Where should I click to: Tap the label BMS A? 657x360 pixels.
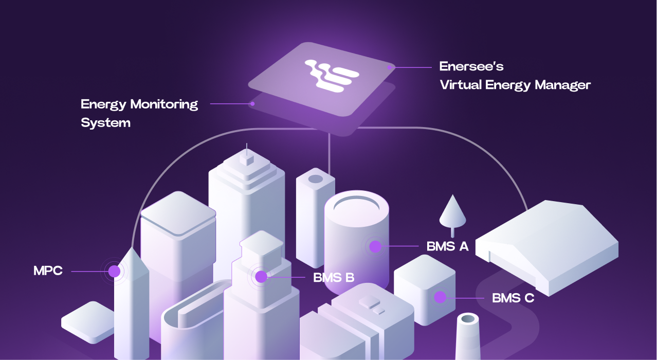[447, 246]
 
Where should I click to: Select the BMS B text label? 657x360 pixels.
[334, 278]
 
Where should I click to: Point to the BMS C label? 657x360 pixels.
[513, 297]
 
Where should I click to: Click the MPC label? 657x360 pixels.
[48, 271]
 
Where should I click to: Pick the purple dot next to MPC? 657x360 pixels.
[114, 271]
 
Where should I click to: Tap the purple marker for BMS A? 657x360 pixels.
[375, 246]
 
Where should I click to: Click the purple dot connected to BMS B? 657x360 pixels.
[261, 277]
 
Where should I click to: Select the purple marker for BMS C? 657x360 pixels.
[440, 297]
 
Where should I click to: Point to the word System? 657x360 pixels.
[105, 123]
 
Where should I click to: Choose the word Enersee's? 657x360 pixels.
[471, 66]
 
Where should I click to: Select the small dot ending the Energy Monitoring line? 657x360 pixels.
[252, 103]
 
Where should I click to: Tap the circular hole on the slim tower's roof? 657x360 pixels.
[315, 179]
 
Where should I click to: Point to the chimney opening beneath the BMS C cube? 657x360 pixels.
[468, 319]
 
